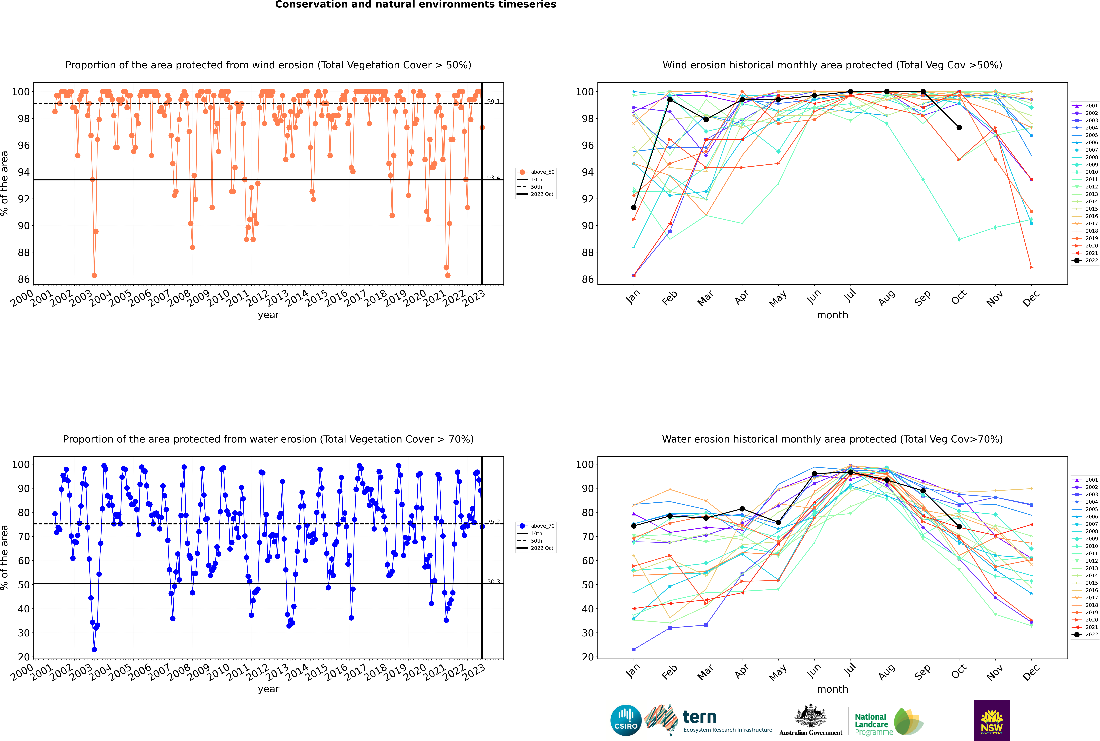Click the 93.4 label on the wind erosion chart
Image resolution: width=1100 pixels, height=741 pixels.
[x=493, y=178]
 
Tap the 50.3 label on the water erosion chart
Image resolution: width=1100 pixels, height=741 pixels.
[x=493, y=582]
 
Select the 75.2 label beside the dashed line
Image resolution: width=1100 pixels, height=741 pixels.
[x=493, y=522]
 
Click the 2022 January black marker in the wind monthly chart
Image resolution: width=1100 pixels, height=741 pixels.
[x=634, y=207]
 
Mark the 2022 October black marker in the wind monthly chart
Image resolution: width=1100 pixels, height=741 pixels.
[x=959, y=128]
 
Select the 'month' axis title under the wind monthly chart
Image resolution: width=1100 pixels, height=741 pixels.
[x=832, y=315]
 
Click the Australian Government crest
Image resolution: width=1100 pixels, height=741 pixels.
[x=811, y=717]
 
